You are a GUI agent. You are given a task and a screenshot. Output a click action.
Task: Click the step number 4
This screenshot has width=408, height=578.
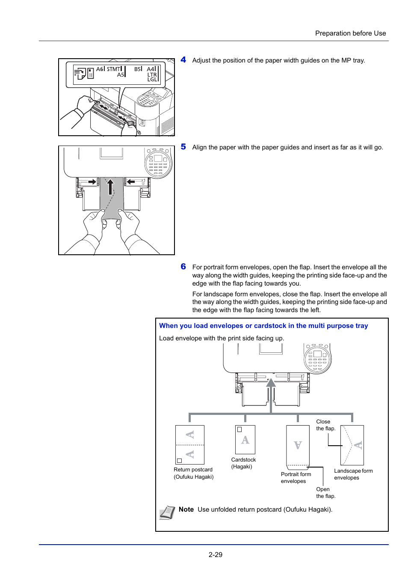183,60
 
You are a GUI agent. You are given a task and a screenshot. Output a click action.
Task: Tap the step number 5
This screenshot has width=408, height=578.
183,147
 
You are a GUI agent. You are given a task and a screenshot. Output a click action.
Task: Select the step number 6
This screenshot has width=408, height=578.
183,267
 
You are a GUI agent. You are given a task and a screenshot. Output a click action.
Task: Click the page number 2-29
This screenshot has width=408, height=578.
215,554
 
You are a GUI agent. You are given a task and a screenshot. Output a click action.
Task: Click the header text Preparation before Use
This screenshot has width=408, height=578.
350,33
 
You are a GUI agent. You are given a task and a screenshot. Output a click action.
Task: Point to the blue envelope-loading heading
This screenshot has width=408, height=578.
263,326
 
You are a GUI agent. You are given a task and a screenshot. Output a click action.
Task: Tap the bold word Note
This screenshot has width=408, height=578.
186,509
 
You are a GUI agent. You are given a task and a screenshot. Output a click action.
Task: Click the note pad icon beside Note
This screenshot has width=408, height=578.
167,512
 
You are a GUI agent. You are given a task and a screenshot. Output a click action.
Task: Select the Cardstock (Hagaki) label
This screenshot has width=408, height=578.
243,463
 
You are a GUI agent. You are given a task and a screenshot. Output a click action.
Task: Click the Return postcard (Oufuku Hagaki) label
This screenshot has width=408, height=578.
193,473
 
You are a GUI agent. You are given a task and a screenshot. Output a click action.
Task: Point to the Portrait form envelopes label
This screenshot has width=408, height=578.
296,478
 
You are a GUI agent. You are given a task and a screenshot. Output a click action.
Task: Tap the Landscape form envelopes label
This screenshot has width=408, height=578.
353,474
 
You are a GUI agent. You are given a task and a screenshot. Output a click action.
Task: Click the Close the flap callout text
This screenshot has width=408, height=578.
325,425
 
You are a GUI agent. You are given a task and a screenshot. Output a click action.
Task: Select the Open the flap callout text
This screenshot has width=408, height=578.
325,493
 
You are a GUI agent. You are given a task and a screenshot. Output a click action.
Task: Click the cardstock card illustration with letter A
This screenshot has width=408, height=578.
245,440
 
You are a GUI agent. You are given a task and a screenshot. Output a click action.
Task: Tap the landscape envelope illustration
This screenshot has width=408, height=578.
352,445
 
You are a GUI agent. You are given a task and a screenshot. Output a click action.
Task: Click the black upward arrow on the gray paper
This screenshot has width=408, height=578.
110,187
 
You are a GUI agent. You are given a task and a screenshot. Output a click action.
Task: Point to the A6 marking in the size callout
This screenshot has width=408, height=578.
100,69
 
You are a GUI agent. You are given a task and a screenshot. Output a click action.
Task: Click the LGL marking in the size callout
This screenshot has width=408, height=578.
152,80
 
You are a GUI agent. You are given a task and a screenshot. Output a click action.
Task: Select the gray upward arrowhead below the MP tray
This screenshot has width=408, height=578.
271,382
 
